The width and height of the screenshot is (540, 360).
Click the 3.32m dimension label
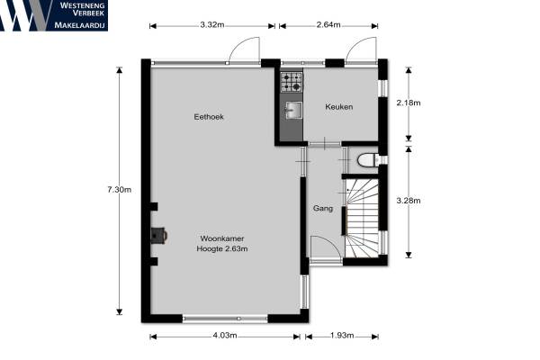pos(212,25)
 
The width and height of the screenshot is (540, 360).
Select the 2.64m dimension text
pos(328,25)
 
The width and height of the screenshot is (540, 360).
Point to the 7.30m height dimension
pos(119,190)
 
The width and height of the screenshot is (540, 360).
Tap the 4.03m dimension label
pos(224,336)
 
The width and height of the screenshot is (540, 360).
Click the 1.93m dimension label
pos(342,336)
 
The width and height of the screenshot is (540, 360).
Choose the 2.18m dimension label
pos(409,103)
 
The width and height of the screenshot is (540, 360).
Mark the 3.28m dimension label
pos(409,201)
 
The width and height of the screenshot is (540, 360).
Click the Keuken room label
pos(339,107)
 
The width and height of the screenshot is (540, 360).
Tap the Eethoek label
pos(209,117)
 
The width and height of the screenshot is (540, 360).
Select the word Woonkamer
pos(222,238)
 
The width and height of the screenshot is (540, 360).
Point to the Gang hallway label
pos(323,209)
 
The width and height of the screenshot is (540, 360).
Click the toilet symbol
pos(368,160)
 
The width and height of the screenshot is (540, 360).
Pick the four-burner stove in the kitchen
pos(292,82)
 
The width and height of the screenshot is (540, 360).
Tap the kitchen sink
pos(293,110)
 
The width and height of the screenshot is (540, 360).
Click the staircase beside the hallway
pos(362,218)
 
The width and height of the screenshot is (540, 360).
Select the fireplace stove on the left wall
pos(159,235)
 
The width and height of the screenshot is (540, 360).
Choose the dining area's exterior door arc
pos(244,49)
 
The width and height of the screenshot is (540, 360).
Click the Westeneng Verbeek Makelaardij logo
pos(54,15)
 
